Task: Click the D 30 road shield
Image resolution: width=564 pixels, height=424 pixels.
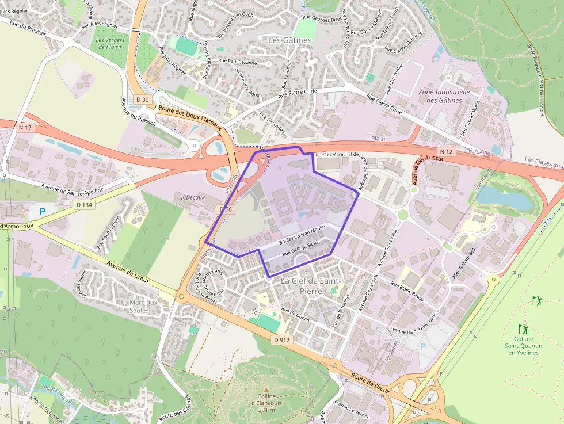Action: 142,100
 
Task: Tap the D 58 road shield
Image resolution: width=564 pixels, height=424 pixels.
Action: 226,209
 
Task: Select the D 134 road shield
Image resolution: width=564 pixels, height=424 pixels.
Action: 83,205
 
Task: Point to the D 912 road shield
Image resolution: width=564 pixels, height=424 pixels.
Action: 281,339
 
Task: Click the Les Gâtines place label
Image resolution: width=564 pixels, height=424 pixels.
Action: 290,40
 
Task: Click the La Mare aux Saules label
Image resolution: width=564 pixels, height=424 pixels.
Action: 139,306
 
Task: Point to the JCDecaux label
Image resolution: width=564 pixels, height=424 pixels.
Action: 193,197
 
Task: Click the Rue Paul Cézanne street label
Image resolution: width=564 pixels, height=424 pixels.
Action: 238,60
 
